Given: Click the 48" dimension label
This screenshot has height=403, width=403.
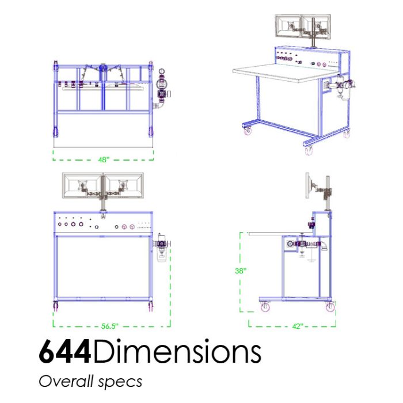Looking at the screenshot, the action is pyautogui.click(x=104, y=159).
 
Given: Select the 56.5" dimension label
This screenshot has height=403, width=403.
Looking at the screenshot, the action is pyautogui.click(x=110, y=326).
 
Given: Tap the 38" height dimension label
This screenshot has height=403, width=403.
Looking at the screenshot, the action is pyautogui.click(x=241, y=271).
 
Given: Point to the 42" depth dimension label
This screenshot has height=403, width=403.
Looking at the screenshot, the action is pyautogui.click(x=298, y=326).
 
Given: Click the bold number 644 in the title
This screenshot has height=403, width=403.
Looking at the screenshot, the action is pyautogui.click(x=65, y=352).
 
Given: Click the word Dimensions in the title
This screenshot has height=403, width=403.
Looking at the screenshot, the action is pyautogui.click(x=177, y=351).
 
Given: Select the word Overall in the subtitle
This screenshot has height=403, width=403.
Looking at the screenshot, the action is pyautogui.click(x=66, y=381).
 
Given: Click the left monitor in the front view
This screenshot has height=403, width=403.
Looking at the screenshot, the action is pyautogui.click(x=82, y=185).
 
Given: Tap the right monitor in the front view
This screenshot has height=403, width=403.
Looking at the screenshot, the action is pyautogui.click(x=124, y=185).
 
